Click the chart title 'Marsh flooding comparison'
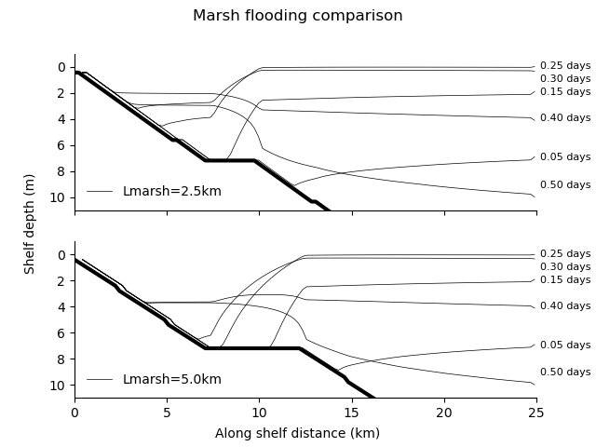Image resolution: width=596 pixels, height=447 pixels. [297, 16]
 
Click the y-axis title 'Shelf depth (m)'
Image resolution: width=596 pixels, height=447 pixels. [30, 223]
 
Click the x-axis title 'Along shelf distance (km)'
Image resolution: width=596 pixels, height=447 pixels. [297, 433]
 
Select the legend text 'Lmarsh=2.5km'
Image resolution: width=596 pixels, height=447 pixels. [158, 191]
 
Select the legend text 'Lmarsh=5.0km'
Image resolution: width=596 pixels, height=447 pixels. [158, 379]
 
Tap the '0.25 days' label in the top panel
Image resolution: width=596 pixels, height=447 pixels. [565, 66]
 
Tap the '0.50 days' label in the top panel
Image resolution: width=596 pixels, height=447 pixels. [565, 185]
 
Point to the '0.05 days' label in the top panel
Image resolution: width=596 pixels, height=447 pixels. [565, 157]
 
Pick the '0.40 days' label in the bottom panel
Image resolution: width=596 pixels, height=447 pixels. [565, 306]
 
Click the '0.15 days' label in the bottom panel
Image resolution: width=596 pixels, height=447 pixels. [565, 280]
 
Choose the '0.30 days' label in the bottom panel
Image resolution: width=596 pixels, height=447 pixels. [565, 267]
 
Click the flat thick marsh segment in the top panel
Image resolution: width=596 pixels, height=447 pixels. [230, 160]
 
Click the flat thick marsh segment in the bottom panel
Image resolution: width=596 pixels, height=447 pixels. [251, 348]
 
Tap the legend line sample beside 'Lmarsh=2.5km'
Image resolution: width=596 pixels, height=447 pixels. [100, 191]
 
